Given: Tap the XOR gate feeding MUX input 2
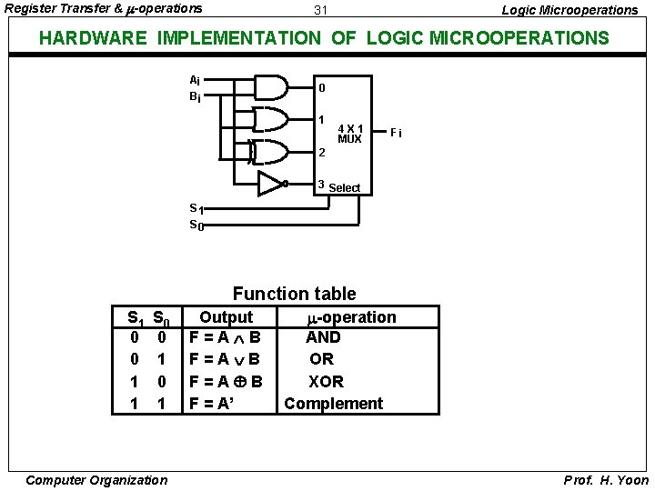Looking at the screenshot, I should tap(274, 151).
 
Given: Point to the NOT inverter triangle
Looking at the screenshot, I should tap(271, 184).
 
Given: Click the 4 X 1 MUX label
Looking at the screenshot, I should tap(349, 134).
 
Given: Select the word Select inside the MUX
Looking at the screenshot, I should tap(345, 188).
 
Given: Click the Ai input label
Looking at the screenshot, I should tap(195, 79).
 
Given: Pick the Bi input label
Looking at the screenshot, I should tap(195, 95).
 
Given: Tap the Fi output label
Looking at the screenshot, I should tap(396, 134).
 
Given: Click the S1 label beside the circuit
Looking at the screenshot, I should tap(196, 208).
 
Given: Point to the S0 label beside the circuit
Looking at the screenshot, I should tap(196, 225).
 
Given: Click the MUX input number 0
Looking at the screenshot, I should tap(321, 88).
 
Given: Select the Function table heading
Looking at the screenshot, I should tap(294, 294).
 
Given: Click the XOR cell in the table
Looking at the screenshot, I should tap(326, 381).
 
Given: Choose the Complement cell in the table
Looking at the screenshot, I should tap(333, 403).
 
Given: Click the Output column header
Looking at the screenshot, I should tap(226, 316).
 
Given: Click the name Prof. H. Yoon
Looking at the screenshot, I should tap(606, 480).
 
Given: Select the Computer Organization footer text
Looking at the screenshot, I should tap(96, 480).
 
